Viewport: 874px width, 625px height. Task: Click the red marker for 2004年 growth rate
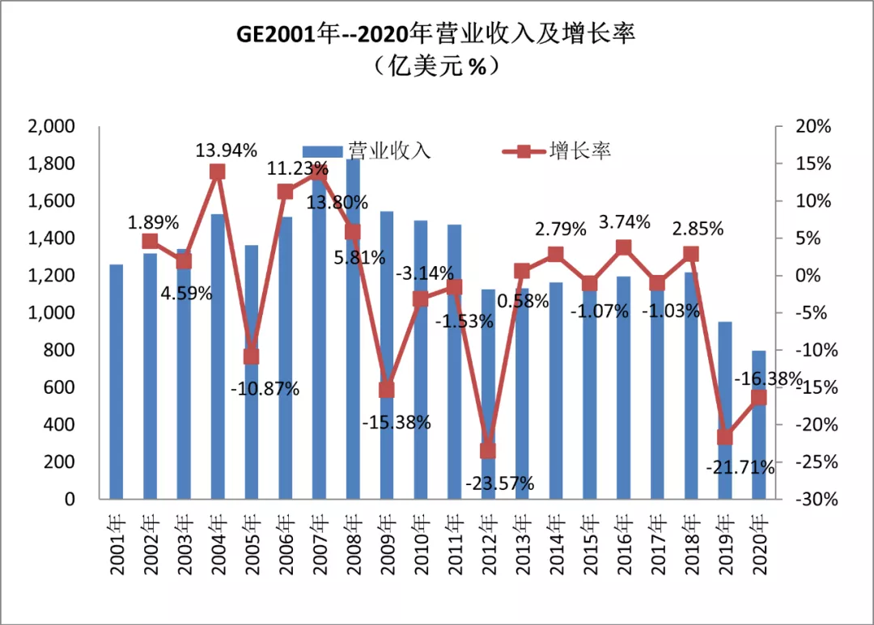coord(218,171)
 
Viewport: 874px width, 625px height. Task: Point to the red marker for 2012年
coord(488,451)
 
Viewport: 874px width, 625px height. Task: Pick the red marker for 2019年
coord(725,437)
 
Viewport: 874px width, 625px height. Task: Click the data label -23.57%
coord(499,484)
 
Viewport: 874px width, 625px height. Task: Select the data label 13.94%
coord(227,150)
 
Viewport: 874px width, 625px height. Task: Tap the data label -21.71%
coord(740,467)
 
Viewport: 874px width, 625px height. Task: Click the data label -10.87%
coord(265,388)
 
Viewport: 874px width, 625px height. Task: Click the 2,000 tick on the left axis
coord(51,127)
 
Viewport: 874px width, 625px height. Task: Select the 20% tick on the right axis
coord(813,127)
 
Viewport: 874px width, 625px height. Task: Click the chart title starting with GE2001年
coord(436,34)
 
